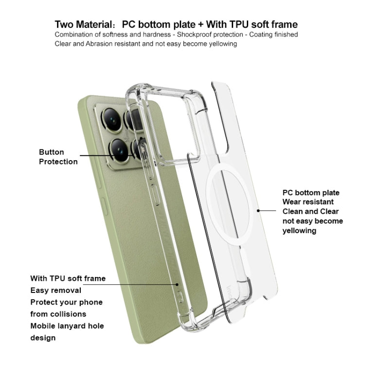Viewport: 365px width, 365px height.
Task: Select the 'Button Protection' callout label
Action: tap(58, 157)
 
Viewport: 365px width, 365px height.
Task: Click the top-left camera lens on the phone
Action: tap(112, 120)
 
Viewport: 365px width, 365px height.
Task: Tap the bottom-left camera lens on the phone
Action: tap(119, 150)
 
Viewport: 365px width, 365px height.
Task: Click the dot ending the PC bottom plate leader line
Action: tap(258, 211)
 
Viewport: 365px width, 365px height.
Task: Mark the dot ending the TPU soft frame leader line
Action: tap(177, 284)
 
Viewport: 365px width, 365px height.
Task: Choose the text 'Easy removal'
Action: tap(56, 291)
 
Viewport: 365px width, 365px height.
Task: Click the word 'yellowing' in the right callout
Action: tap(299, 231)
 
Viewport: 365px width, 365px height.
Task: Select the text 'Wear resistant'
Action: tap(308, 202)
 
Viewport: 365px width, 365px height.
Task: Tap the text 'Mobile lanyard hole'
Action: tap(67, 326)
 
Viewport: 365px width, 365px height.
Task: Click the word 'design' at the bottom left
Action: tap(43, 338)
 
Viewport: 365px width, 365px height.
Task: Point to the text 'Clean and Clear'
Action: tap(310, 211)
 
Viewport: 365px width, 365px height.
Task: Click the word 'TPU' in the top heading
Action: tap(239, 24)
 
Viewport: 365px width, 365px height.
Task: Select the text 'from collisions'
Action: tap(58, 314)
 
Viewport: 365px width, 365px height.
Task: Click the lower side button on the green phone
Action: tap(105, 206)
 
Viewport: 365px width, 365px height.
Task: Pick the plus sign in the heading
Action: tap(201, 25)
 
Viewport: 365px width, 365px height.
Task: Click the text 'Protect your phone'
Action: tap(67, 302)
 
